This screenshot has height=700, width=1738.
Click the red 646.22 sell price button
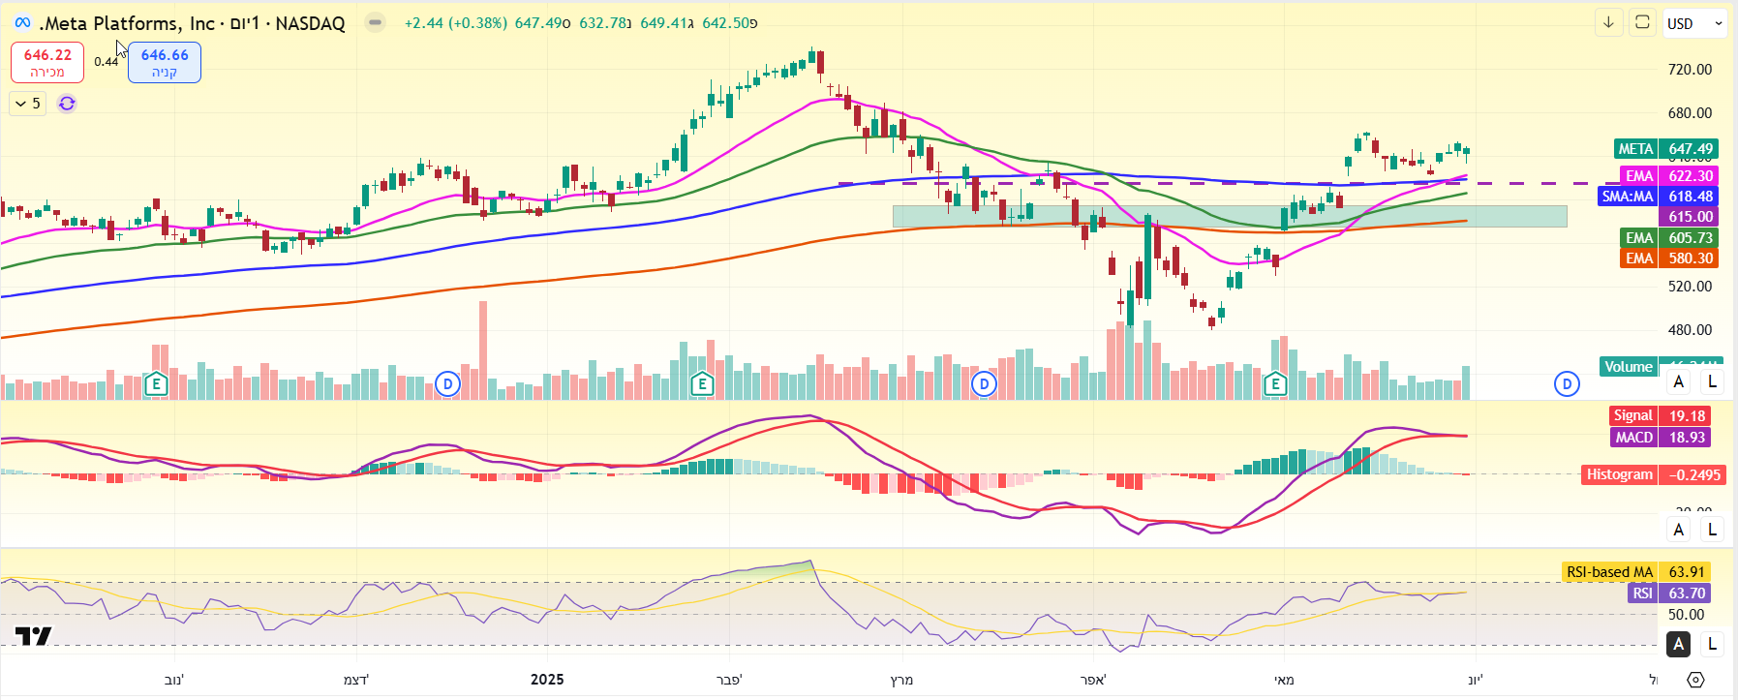(x=47, y=63)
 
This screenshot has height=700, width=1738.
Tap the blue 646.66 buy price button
(x=165, y=63)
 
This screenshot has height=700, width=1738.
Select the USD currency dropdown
(x=1695, y=23)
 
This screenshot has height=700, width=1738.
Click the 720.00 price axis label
(x=1690, y=70)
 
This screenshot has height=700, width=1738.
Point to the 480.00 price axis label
(x=1690, y=330)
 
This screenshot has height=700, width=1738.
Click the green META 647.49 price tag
(x=1665, y=149)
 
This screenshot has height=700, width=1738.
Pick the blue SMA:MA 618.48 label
(x=1658, y=197)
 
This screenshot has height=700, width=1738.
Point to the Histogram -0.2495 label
(x=1653, y=474)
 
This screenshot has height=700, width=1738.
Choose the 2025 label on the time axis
(x=547, y=680)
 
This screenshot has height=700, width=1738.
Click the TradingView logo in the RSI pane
(x=33, y=636)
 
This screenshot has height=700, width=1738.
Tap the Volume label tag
(x=1628, y=367)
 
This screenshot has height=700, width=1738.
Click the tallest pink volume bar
(x=483, y=349)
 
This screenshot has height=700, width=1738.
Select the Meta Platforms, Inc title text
(x=127, y=23)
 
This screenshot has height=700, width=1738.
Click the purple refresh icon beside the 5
(x=67, y=104)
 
